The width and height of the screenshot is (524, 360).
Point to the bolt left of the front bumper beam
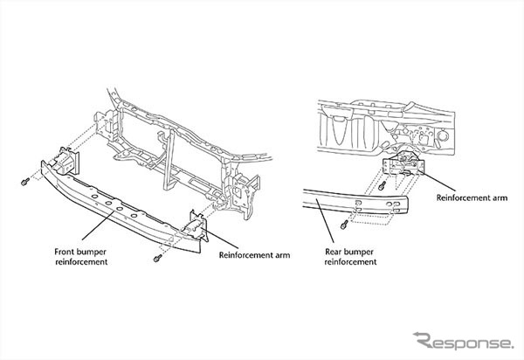(x=23, y=181)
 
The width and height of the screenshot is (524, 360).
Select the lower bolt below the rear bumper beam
(x=346, y=225)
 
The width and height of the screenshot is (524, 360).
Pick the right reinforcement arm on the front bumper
(x=200, y=225)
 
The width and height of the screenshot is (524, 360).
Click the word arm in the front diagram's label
(x=278, y=256)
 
